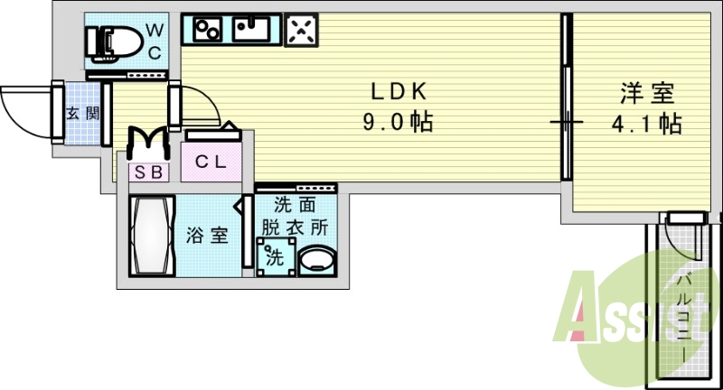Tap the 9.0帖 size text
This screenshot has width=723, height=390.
[398, 122]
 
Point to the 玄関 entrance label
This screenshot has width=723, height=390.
[75, 114]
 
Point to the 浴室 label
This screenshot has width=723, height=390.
[207, 237]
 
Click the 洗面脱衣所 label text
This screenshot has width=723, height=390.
[295, 217]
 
